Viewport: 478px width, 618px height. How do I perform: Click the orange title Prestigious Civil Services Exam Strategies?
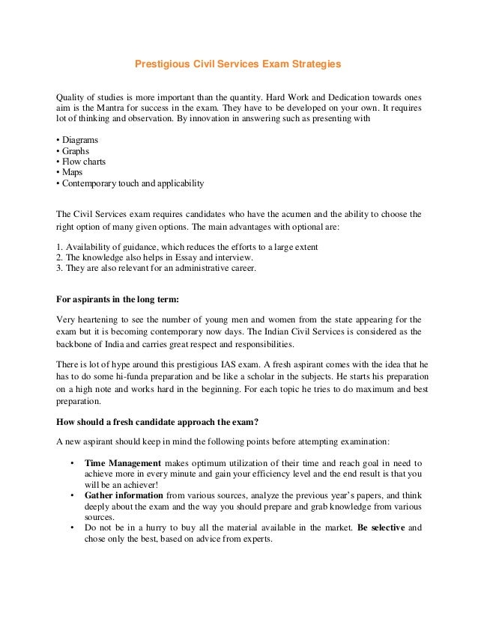pos(238,64)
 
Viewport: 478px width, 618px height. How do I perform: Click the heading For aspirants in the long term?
pos(118,300)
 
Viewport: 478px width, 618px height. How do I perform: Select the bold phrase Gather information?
pos(124,495)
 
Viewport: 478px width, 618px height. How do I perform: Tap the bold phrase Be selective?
pos(381,527)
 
